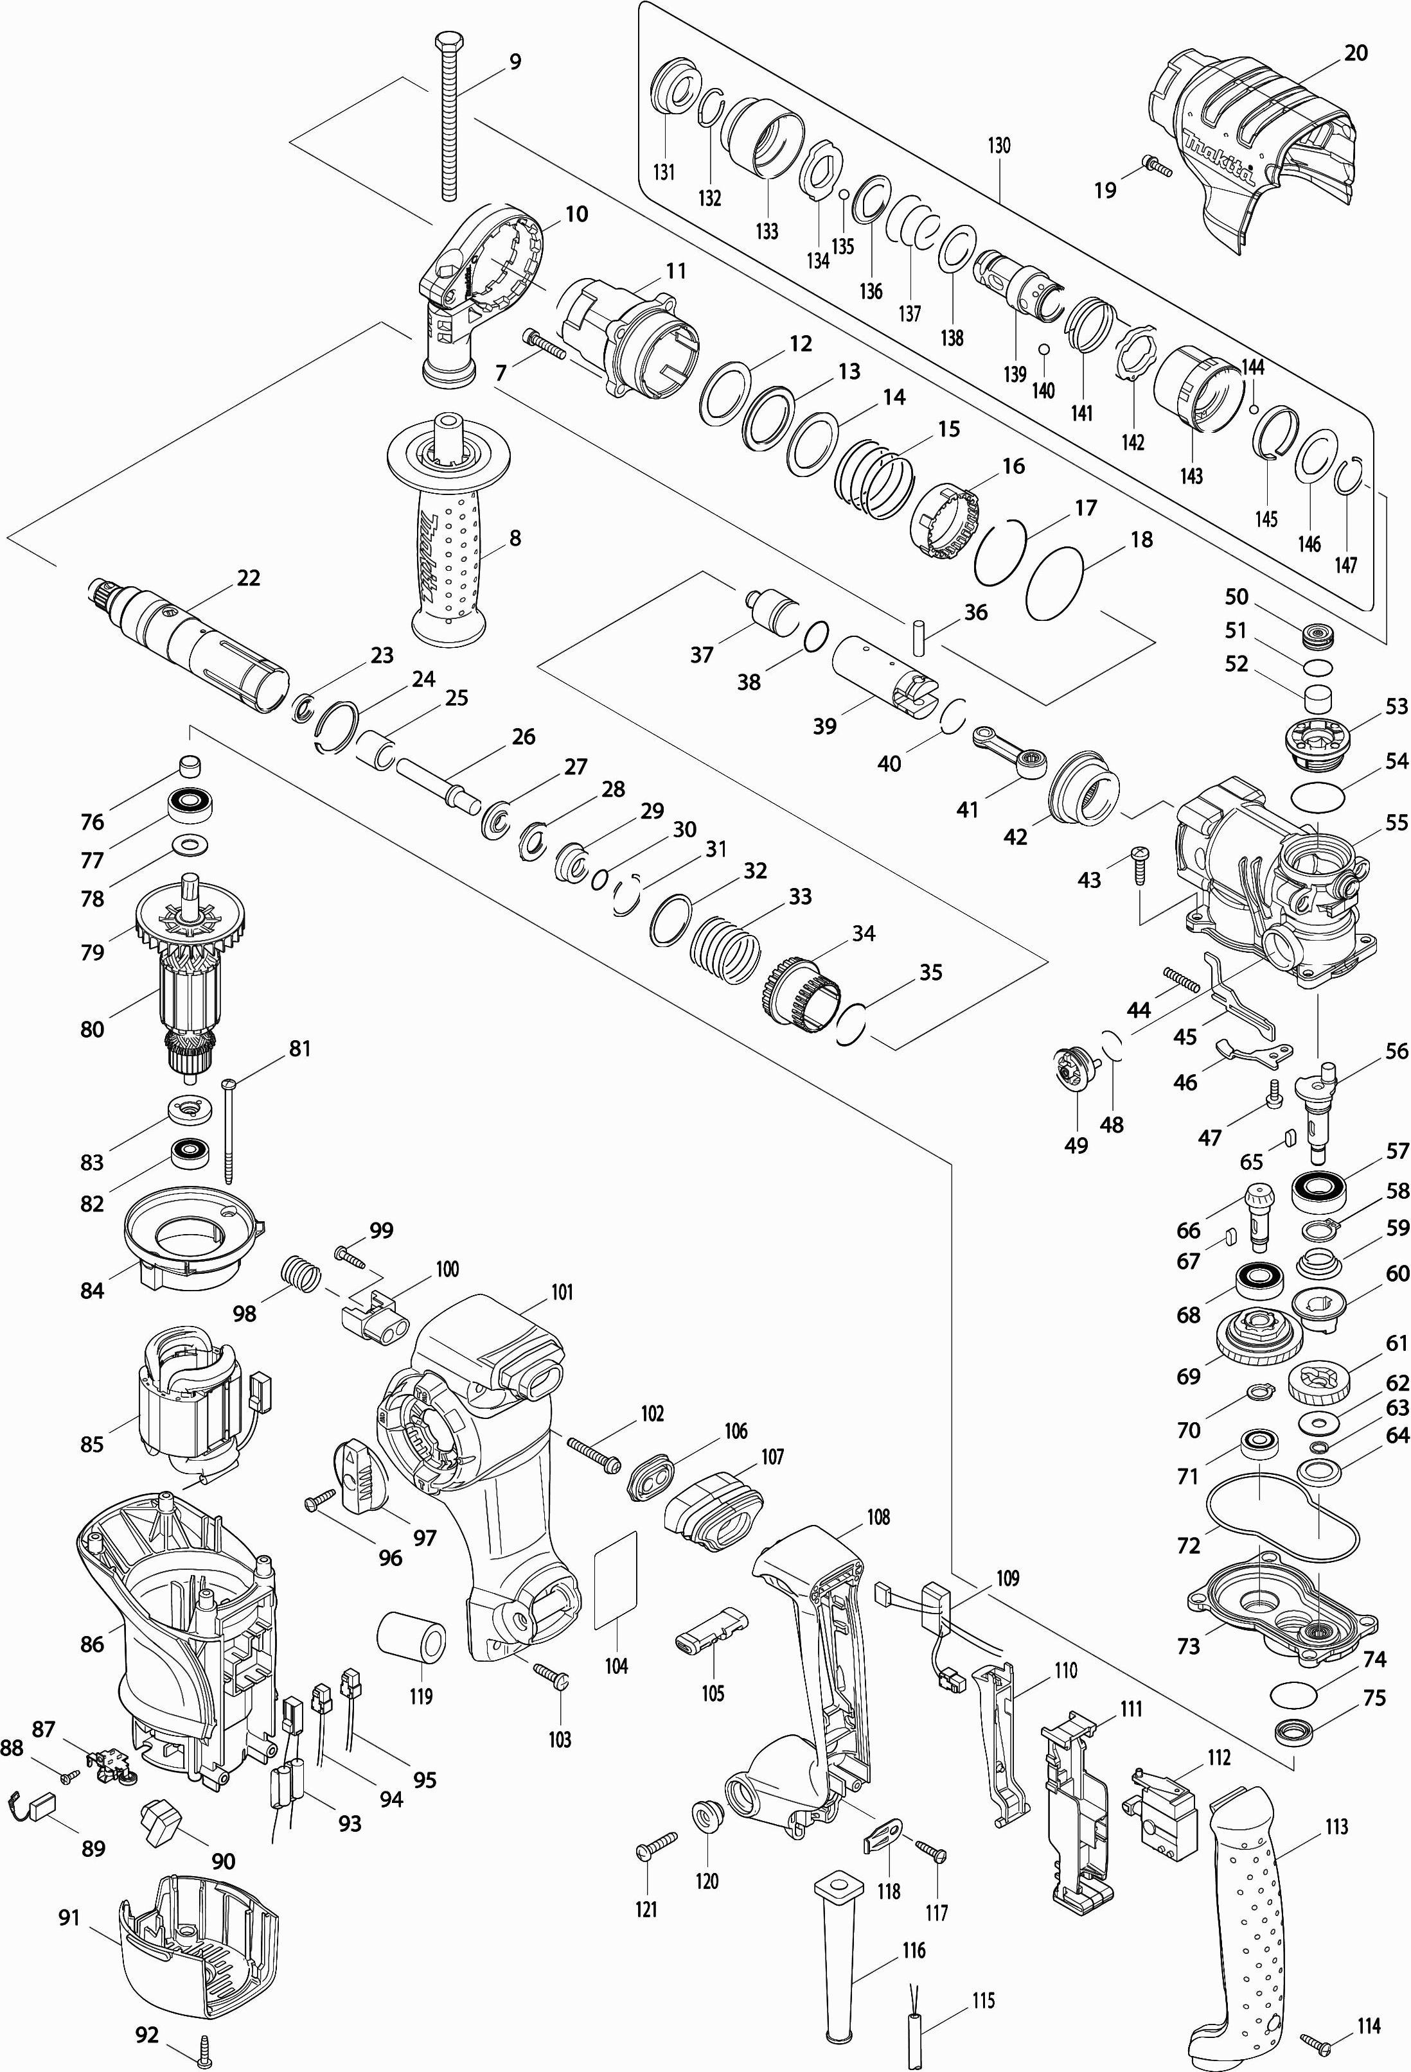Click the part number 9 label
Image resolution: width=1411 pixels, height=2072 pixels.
click(515, 62)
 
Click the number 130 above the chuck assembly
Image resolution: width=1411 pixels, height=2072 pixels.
click(999, 145)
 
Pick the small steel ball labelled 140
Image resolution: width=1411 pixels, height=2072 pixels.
click(1043, 348)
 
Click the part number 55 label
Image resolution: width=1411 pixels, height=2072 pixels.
click(1396, 821)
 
